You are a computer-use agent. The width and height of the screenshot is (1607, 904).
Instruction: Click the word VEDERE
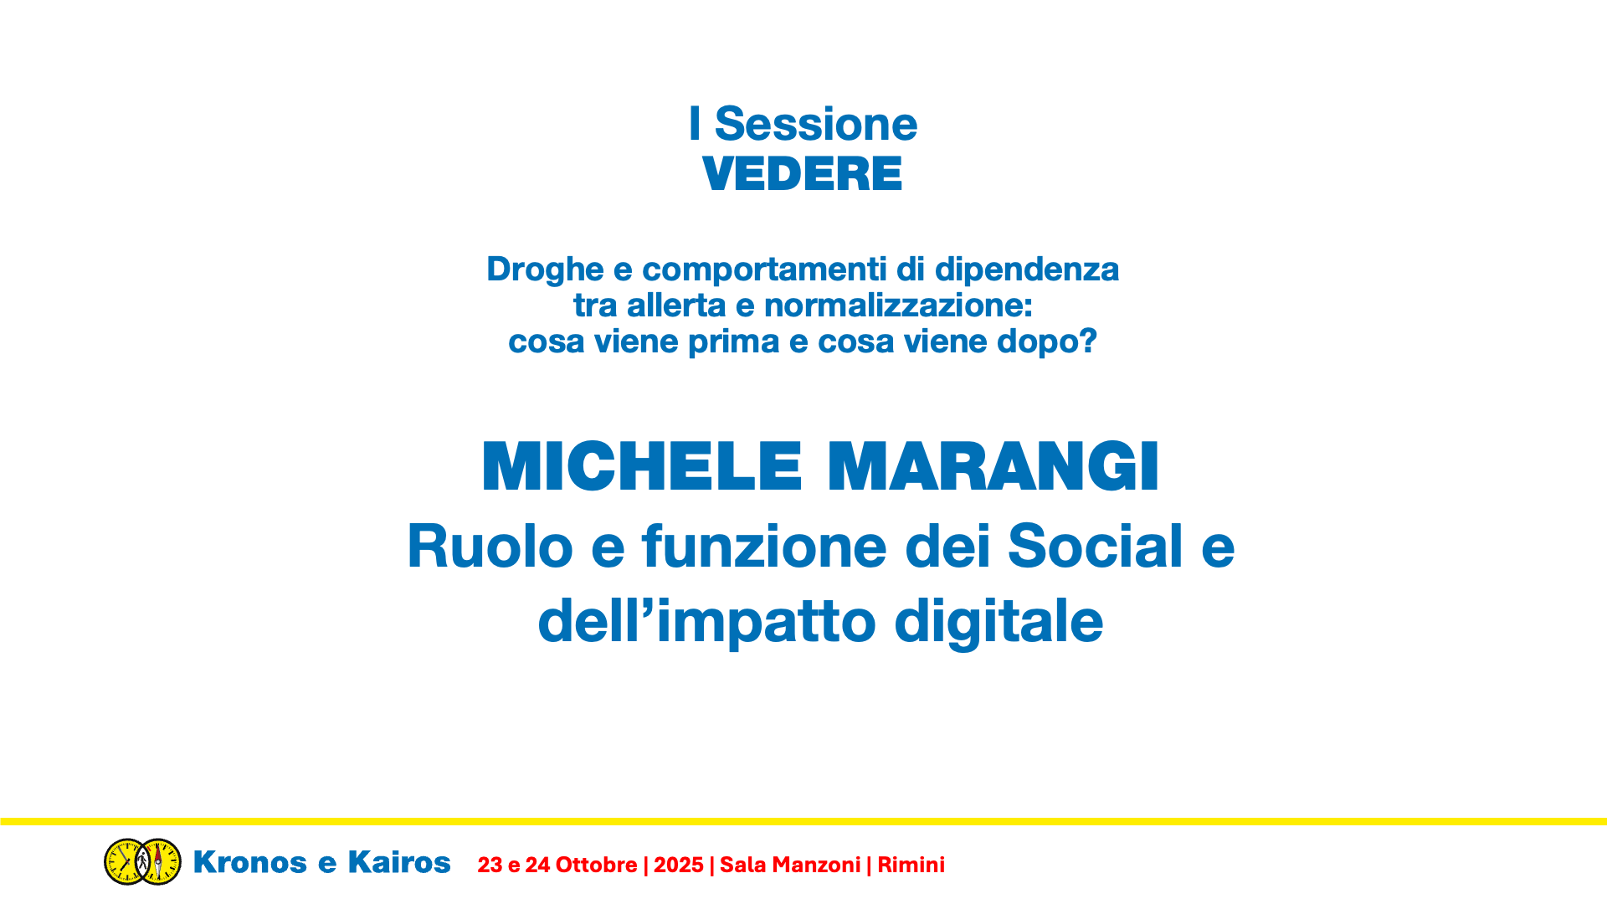tap(802, 174)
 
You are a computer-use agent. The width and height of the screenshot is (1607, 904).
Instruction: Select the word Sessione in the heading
tap(816, 124)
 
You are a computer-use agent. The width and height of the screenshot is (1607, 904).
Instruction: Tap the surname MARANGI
tap(993, 466)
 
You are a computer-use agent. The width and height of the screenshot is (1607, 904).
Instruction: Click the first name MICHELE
tap(642, 466)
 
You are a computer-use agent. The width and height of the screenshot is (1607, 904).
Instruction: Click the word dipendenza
tap(1026, 270)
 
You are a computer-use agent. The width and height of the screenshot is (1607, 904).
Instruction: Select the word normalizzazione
tap(899, 306)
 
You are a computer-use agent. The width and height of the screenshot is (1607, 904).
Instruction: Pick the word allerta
tap(676, 306)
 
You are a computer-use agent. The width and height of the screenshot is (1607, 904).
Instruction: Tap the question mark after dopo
tap(1088, 341)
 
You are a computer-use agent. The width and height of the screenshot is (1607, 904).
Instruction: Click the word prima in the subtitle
tap(734, 342)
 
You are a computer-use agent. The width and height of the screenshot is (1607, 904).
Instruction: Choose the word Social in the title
tap(1096, 546)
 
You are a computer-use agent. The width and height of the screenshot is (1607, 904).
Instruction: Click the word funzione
tap(764, 546)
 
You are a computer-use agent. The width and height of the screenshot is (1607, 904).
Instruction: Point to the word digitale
tap(999, 622)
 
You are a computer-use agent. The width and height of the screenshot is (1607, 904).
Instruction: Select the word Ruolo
tap(490, 546)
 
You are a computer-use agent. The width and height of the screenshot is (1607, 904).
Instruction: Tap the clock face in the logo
tap(126, 861)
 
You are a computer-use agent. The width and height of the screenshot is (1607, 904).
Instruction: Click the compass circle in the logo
tap(159, 861)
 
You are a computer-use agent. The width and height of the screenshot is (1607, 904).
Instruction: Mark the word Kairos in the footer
tap(399, 862)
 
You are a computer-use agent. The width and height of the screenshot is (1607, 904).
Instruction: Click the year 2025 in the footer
tap(679, 865)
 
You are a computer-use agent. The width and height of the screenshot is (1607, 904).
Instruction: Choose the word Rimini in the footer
tap(911, 865)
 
